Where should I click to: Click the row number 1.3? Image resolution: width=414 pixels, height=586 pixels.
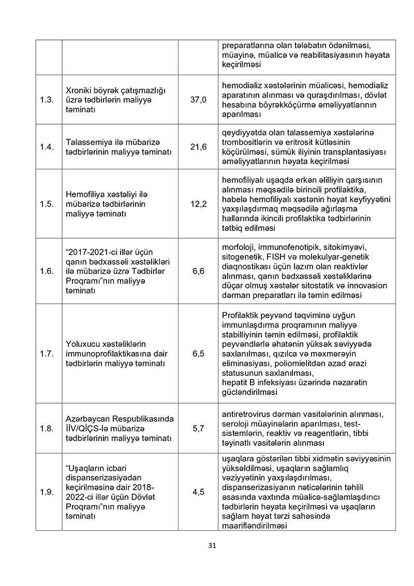click(x=47, y=100)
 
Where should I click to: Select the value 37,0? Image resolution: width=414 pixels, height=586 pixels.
click(x=198, y=100)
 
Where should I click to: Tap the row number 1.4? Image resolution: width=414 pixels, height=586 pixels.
click(x=47, y=147)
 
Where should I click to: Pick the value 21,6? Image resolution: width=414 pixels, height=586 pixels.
click(x=198, y=147)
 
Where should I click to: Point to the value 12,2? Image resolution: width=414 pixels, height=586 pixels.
click(x=198, y=204)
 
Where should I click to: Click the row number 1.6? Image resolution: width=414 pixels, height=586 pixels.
click(x=47, y=271)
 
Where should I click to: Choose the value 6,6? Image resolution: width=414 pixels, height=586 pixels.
click(x=198, y=271)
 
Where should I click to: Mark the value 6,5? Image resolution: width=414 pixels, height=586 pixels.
click(x=198, y=354)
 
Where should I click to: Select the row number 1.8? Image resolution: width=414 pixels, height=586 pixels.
click(x=47, y=429)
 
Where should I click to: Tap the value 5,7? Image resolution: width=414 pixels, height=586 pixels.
click(x=198, y=429)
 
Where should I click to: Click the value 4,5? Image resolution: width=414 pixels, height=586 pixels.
click(x=198, y=492)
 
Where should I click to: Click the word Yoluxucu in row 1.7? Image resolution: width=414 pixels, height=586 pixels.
click(x=83, y=344)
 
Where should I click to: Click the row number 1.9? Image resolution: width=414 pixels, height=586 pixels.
click(x=47, y=492)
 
